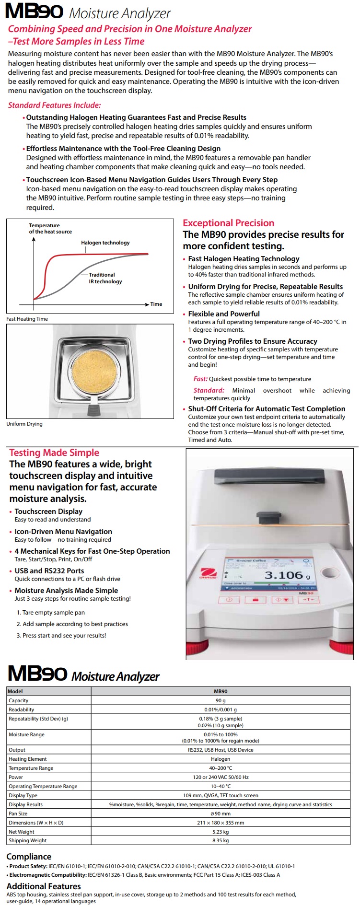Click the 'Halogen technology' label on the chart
pos(105,243)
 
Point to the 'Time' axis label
pos(156,304)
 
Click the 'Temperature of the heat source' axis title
pos(50,229)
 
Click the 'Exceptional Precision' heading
pos(228,223)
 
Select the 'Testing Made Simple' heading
pos(54,453)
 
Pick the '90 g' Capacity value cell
pos(221,700)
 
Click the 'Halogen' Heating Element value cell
pos(221,759)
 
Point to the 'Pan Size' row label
pos(18,813)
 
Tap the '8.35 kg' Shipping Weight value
pos(221,840)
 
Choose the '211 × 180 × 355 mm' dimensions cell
pos(221,823)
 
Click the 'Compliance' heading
pos(29,857)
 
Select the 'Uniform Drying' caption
pos(24,424)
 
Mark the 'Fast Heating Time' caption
pos(27,319)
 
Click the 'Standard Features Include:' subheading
pos(54,105)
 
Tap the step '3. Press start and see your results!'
pos(61,636)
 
